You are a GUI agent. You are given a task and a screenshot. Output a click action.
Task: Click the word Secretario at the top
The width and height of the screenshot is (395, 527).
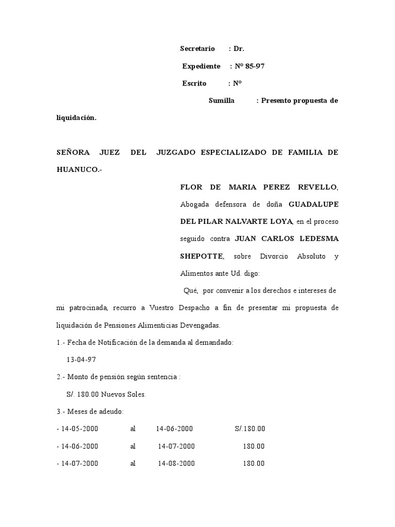(197, 49)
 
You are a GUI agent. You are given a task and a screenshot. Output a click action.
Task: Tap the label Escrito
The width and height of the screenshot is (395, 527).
(194, 83)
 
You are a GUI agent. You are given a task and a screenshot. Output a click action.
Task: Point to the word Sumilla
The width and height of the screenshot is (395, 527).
(222, 101)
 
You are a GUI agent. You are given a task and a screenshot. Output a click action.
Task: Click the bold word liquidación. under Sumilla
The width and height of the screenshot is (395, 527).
(76, 118)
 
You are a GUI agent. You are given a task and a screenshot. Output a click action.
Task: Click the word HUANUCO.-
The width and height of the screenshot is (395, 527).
(79, 170)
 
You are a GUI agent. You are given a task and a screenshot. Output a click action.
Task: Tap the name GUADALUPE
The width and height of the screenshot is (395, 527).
(313, 204)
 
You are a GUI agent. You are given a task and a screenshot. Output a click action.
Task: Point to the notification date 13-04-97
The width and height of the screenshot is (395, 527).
(82, 359)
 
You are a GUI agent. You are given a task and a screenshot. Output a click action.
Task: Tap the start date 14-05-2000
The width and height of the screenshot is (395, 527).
(79, 429)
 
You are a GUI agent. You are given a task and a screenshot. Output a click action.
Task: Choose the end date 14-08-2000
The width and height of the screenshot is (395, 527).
(176, 463)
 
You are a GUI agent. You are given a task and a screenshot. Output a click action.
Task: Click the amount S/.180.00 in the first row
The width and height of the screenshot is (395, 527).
(250, 429)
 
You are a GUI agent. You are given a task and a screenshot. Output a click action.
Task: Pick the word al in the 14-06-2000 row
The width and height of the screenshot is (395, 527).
(133, 446)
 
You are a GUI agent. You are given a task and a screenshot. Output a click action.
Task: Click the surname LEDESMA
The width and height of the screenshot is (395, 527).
(317, 239)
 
